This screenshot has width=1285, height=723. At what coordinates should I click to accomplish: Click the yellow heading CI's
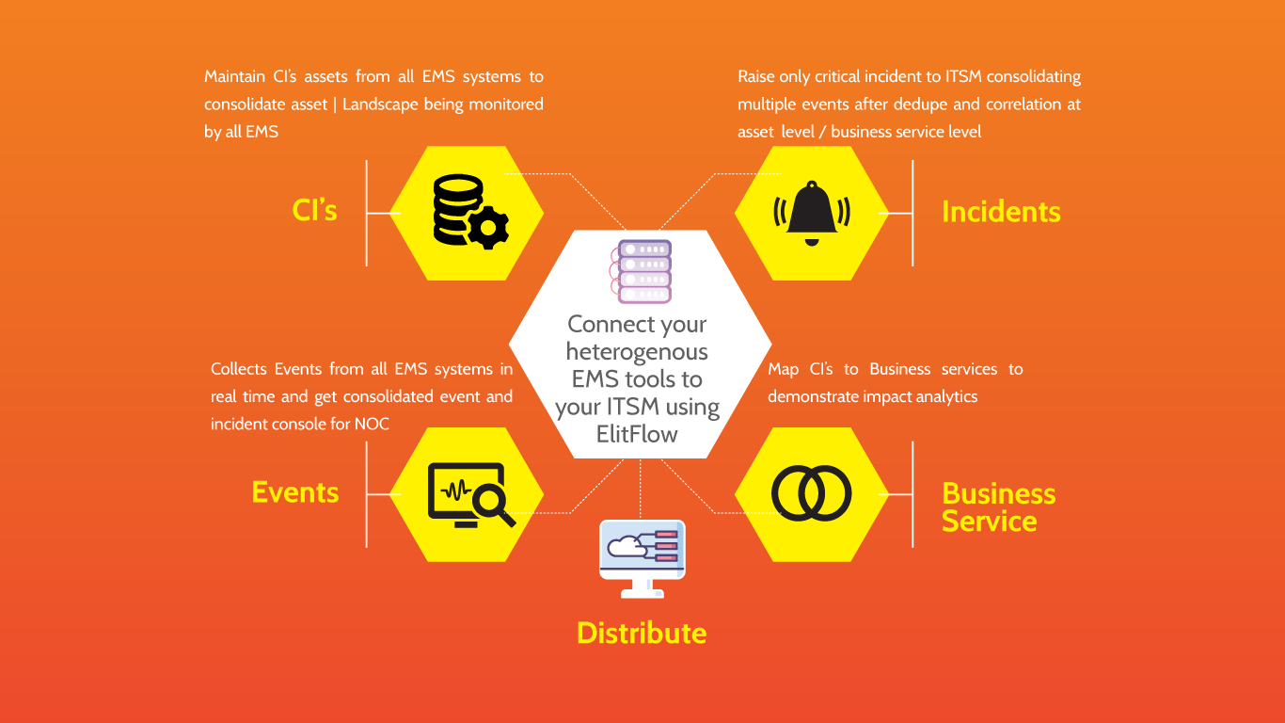point(314,211)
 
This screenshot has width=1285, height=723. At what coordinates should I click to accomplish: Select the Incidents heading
point(1001,213)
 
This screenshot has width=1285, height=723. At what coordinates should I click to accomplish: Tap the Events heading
point(295,492)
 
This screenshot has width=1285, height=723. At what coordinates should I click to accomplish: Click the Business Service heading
point(998,507)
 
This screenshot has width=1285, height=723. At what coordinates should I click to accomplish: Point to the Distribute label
point(642,633)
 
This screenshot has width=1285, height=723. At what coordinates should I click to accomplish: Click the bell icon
point(811,213)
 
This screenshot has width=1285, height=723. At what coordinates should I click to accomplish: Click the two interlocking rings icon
point(811,494)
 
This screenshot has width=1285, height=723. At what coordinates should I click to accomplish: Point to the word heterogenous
point(637,352)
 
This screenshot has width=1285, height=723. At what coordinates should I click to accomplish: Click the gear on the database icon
point(488,228)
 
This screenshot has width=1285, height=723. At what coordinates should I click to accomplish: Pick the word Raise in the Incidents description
point(757,76)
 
